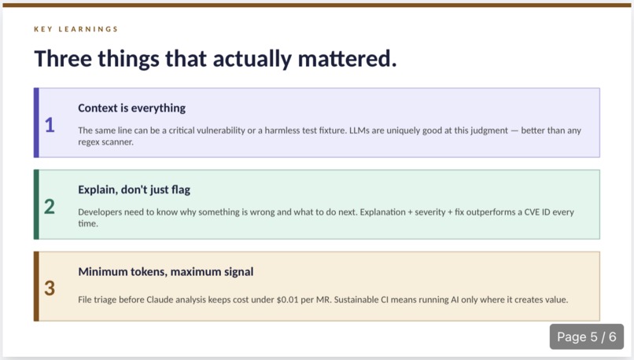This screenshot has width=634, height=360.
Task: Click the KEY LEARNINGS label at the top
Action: pyautogui.click(x=76, y=30)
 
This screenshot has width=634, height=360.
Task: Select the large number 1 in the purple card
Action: pyautogui.click(x=50, y=125)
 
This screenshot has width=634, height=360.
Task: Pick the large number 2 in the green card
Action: pyautogui.click(x=50, y=207)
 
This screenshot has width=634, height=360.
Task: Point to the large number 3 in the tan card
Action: pyautogui.click(x=50, y=288)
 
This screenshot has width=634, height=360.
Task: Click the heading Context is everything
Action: pyautogui.click(x=131, y=108)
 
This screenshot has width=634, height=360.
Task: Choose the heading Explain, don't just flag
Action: pyautogui.click(x=134, y=189)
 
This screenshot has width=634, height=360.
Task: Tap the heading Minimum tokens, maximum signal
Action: pyautogui.click(x=165, y=271)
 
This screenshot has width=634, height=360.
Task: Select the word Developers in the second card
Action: pyautogui.click(x=101, y=211)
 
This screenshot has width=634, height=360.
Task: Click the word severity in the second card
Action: pyautogui.click(x=432, y=211)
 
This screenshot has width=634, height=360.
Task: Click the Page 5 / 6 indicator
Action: pyautogui.click(x=587, y=337)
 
